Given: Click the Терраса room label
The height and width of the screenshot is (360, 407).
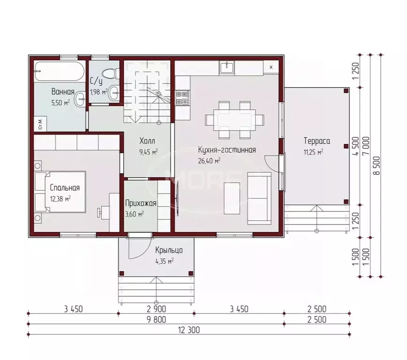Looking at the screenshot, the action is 317,141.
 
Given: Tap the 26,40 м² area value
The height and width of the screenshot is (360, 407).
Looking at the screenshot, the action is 209,161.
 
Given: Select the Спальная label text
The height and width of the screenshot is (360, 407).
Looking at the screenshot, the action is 65,187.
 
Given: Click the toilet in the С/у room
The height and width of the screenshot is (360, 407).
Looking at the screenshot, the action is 110,74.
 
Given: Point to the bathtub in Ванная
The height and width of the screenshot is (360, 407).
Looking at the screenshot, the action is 60,71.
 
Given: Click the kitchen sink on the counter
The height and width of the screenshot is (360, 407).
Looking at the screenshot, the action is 226,67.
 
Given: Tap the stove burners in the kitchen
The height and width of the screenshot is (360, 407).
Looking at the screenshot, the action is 182,97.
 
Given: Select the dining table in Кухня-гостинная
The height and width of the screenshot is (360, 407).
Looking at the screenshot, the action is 234,120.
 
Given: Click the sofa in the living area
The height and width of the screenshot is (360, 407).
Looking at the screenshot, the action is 259,198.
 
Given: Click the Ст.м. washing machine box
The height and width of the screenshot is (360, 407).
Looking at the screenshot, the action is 40,124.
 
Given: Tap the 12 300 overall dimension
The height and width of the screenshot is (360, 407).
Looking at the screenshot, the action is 189,330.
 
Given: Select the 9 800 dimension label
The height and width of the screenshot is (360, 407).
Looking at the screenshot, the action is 156,320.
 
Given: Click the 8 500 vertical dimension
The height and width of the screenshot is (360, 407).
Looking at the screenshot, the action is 377,165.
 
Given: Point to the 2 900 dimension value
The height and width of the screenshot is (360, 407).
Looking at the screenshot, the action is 156,309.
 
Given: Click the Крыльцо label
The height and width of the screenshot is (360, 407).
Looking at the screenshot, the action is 169,250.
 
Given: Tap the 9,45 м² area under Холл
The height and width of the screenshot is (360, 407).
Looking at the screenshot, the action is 149,152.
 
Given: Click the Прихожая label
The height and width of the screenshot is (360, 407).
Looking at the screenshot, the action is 141,203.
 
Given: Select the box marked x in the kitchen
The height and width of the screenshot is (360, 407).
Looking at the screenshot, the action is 271,67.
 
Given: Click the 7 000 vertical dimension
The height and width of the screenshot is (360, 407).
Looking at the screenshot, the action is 366,146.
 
